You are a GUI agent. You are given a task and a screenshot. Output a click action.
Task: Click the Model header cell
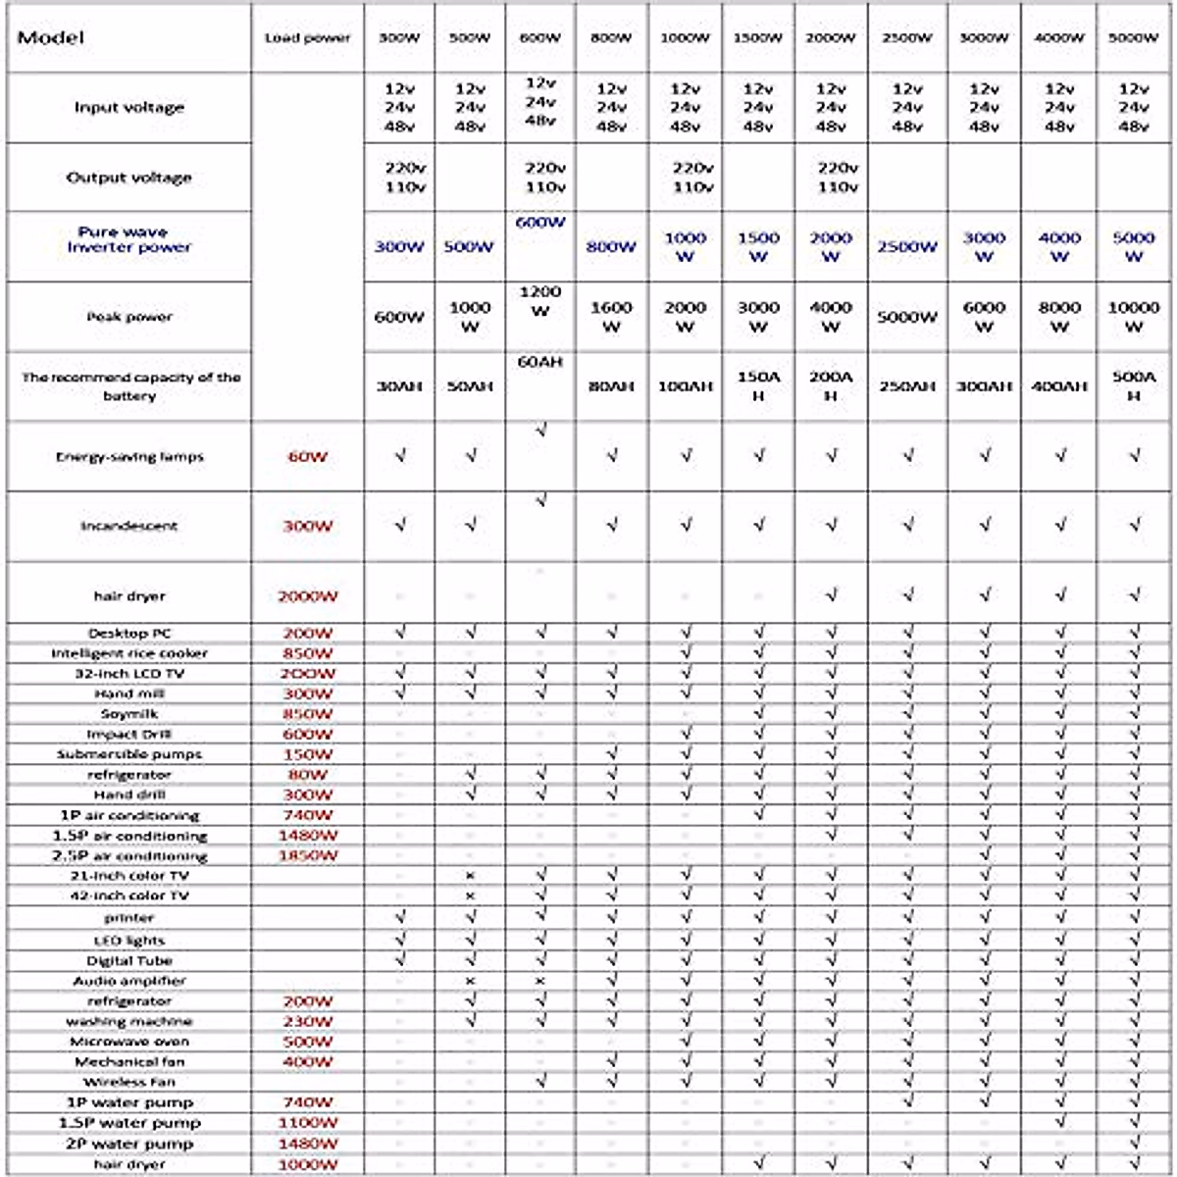[51, 38]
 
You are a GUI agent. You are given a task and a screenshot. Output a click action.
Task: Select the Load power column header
[307, 38]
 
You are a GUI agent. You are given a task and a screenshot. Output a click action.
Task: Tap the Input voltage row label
[129, 107]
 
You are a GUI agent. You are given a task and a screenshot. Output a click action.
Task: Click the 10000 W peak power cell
[1133, 317]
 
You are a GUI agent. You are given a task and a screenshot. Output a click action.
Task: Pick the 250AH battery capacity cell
[907, 386]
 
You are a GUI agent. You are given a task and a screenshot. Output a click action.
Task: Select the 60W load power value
[307, 456]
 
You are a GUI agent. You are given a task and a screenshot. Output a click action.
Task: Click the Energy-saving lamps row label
[129, 456]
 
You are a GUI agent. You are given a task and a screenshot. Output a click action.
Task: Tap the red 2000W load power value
[307, 596]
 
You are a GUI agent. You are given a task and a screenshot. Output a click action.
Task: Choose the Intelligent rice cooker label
[129, 653]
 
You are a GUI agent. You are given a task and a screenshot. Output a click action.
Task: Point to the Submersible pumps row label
[129, 754]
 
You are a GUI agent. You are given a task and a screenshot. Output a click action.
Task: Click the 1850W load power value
[307, 855]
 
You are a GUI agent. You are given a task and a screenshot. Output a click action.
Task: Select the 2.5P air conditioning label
[129, 855]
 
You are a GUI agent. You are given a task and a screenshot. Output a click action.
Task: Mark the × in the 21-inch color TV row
[470, 875]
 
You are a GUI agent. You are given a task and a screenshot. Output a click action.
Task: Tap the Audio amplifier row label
[129, 981]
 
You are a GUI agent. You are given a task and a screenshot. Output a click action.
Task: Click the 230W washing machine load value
[307, 1021]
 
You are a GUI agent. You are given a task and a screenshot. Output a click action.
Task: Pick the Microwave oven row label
[129, 1042]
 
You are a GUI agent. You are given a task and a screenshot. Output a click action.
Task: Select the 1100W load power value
[307, 1123]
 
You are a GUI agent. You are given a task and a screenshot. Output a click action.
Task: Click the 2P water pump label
[129, 1144]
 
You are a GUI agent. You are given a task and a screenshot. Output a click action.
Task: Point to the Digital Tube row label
[129, 960]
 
